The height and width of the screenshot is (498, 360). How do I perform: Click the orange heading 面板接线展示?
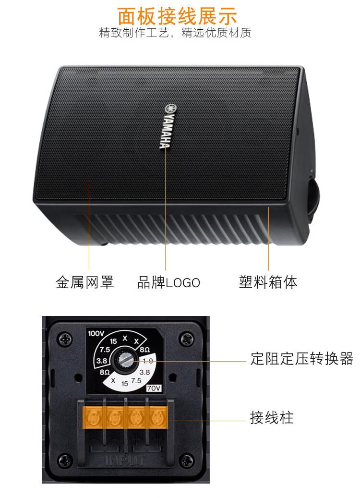click(177, 15)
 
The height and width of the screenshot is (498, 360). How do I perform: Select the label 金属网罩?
click(85, 282)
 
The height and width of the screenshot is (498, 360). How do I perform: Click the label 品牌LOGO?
click(168, 282)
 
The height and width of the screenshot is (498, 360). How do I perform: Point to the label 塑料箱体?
click(268, 282)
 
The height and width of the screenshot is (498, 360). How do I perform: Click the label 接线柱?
click(272, 417)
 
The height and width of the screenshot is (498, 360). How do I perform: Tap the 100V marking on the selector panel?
click(96, 333)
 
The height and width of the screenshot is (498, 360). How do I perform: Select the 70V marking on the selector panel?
click(154, 388)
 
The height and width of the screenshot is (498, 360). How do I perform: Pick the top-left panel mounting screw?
click(65, 339)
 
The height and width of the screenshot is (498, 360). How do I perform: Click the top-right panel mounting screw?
click(186, 339)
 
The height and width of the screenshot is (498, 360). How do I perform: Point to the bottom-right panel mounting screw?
click(187, 460)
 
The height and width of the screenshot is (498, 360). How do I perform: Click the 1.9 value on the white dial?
click(148, 361)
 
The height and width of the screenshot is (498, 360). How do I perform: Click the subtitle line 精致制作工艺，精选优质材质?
click(175, 33)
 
